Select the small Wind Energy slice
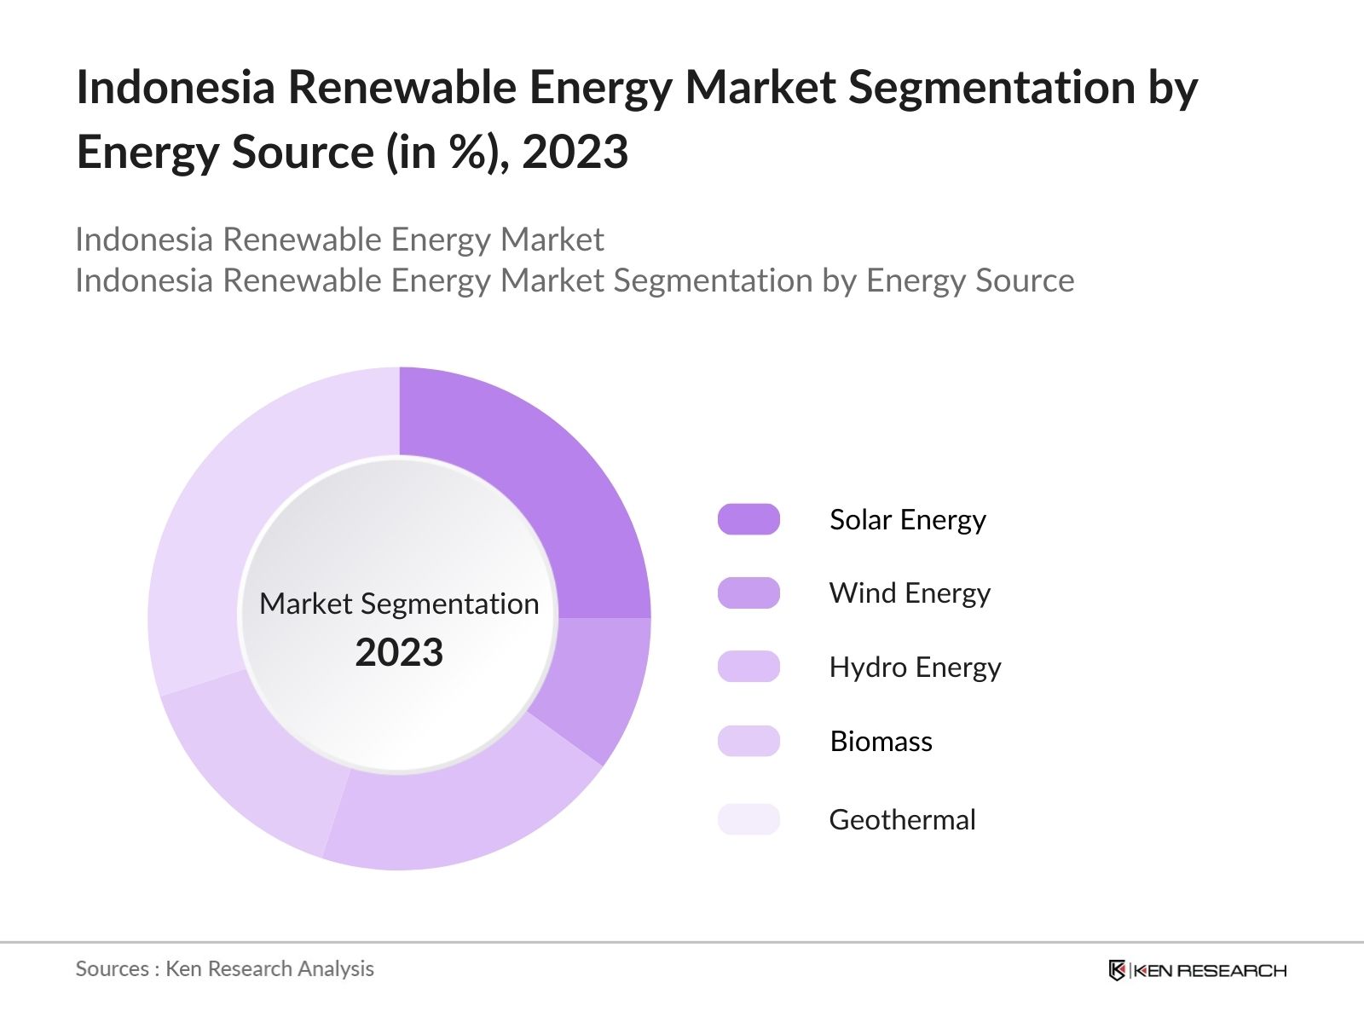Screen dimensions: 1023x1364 (597, 682)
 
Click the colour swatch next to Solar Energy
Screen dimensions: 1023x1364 (748, 519)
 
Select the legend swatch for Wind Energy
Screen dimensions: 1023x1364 (748, 593)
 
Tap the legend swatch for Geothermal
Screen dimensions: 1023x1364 (748, 819)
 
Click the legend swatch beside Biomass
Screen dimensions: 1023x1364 (748, 741)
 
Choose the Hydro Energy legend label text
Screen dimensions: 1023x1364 (915, 668)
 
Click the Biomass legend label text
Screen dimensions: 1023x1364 (881, 742)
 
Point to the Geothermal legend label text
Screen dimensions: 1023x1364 (902, 820)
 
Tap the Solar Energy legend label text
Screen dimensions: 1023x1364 (907, 520)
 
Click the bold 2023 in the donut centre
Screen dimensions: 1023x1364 (399, 653)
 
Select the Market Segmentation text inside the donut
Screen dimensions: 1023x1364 (399, 604)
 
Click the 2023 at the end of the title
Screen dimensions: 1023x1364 (575, 153)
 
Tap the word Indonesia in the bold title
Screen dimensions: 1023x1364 (176, 88)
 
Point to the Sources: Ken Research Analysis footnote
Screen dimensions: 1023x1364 (224, 969)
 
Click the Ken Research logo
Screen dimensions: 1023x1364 (1197, 970)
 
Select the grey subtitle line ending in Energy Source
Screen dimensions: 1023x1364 (575, 280)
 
